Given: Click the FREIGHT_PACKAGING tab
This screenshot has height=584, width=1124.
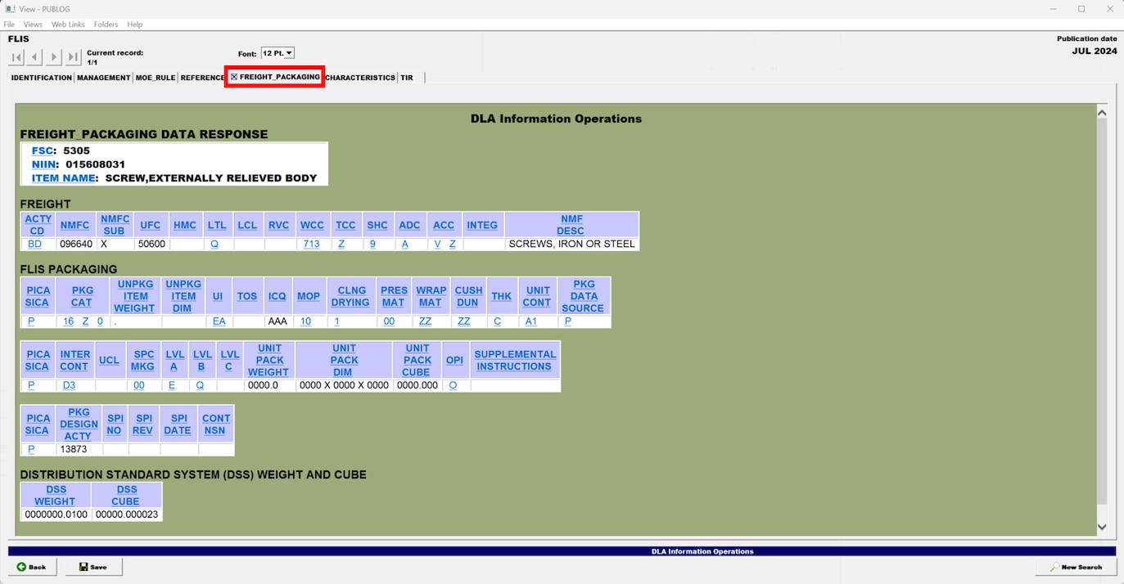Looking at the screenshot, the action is [x=274, y=77].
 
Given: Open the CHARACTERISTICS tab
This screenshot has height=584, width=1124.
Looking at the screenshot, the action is [x=360, y=78].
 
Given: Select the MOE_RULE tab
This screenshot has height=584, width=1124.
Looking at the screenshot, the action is [x=156, y=78].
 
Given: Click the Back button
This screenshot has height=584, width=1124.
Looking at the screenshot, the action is [x=32, y=567].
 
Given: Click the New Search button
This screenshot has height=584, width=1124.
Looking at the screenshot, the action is [x=1076, y=567].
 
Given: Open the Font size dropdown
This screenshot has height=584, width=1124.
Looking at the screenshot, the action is [x=278, y=53].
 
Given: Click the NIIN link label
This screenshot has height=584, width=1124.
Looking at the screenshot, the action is [x=43, y=164].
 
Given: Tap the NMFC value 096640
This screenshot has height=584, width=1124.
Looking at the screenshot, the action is [x=76, y=244].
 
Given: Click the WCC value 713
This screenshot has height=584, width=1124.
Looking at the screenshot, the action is [x=312, y=244].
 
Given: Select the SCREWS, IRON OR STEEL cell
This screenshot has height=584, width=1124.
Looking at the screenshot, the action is [x=571, y=244].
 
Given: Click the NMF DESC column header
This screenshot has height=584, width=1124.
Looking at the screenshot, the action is [x=571, y=225].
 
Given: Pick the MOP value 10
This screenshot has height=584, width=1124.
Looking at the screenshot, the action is [x=305, y=321].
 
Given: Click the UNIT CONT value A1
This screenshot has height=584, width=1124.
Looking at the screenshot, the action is [x=530, y=321].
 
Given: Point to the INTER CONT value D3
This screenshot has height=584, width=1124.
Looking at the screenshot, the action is [x=69, y=385].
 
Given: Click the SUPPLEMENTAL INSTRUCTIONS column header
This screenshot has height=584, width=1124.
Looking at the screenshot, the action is [x=515, y=361].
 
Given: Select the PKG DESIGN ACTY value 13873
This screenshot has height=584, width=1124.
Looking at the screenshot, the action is [x=73, y=449].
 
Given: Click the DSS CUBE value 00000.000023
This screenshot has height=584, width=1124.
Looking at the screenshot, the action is [x=127, y=514].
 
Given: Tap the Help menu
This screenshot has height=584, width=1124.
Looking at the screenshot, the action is [x=134, y=24].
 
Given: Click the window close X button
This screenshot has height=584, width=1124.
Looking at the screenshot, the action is [x=1110, y=9].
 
